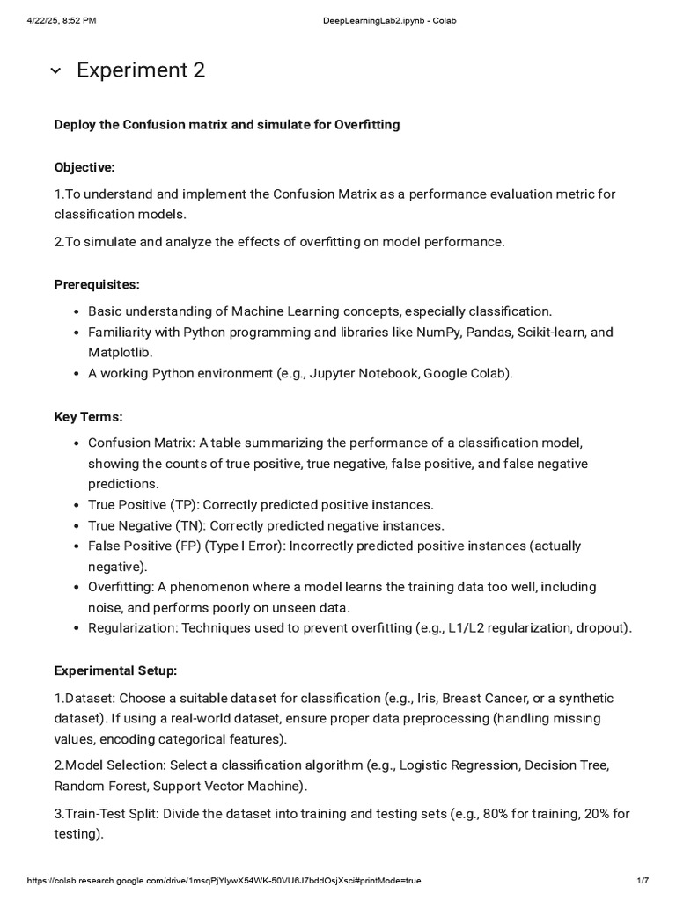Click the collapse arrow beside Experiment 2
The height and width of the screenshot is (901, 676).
[x=55, y=71]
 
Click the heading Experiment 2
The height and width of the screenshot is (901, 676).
[x=141, y=70]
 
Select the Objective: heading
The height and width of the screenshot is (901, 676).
[x=84, y=167]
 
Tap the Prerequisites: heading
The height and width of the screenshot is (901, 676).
[x=97, y=284]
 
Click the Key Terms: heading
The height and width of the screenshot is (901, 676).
[x=88, y=416]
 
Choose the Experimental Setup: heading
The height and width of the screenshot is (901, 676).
[x=115, y=670]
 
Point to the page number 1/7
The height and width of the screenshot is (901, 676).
[x=642, y=880]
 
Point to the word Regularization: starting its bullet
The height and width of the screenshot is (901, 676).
[x=130, y=627]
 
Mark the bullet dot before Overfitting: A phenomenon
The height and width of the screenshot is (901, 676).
[x=78, y=587]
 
